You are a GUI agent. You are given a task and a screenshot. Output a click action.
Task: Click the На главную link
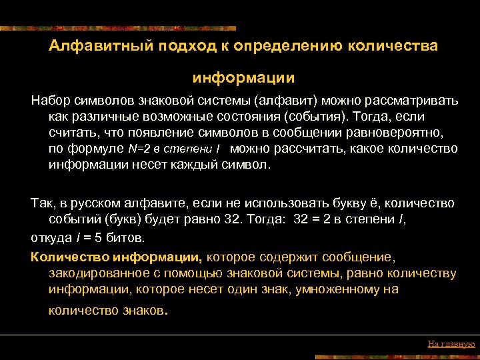451,344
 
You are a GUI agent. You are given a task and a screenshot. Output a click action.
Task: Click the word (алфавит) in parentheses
285,100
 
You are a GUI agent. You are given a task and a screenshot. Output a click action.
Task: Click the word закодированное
93,273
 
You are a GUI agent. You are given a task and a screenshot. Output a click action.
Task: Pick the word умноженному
341,289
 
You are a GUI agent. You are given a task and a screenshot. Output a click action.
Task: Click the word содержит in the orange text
279,257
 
